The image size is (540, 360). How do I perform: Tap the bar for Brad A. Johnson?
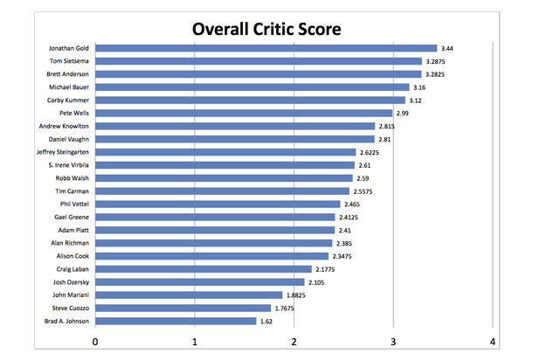coord(176,321)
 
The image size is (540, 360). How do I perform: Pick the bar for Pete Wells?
coord(244,113)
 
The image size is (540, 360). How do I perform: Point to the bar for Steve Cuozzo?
coord(183,308)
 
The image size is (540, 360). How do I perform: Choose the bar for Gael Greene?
coord(215,217)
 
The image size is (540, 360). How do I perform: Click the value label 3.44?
coord(451,48)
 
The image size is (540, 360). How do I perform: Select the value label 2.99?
coord(406,113)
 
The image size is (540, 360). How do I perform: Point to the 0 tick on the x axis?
coord(95,341)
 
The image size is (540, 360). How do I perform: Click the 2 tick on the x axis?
coord(294,341)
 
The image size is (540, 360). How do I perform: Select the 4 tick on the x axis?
coord(494,341)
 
